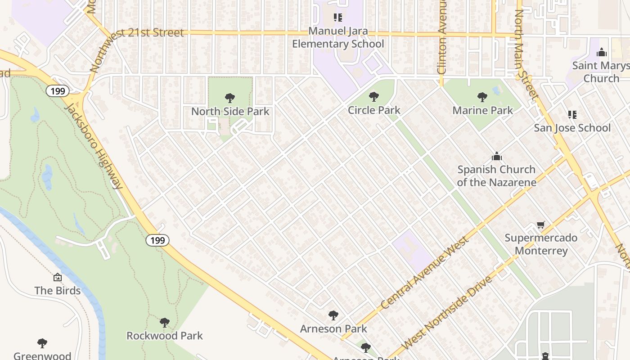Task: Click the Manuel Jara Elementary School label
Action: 338,38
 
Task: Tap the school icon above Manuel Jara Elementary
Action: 338,18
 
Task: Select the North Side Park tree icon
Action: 230,98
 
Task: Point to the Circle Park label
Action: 374,110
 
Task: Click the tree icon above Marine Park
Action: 482,97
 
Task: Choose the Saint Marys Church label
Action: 601,72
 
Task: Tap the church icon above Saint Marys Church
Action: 602,53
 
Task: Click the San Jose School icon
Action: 572,115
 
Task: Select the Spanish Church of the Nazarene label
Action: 496,176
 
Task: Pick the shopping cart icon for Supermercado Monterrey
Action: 541,225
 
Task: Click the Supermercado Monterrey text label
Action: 541,244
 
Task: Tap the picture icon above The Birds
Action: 58,277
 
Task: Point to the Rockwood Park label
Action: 164,336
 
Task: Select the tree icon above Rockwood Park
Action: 164,322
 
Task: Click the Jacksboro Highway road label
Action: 94,146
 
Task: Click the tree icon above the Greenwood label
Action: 42,343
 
